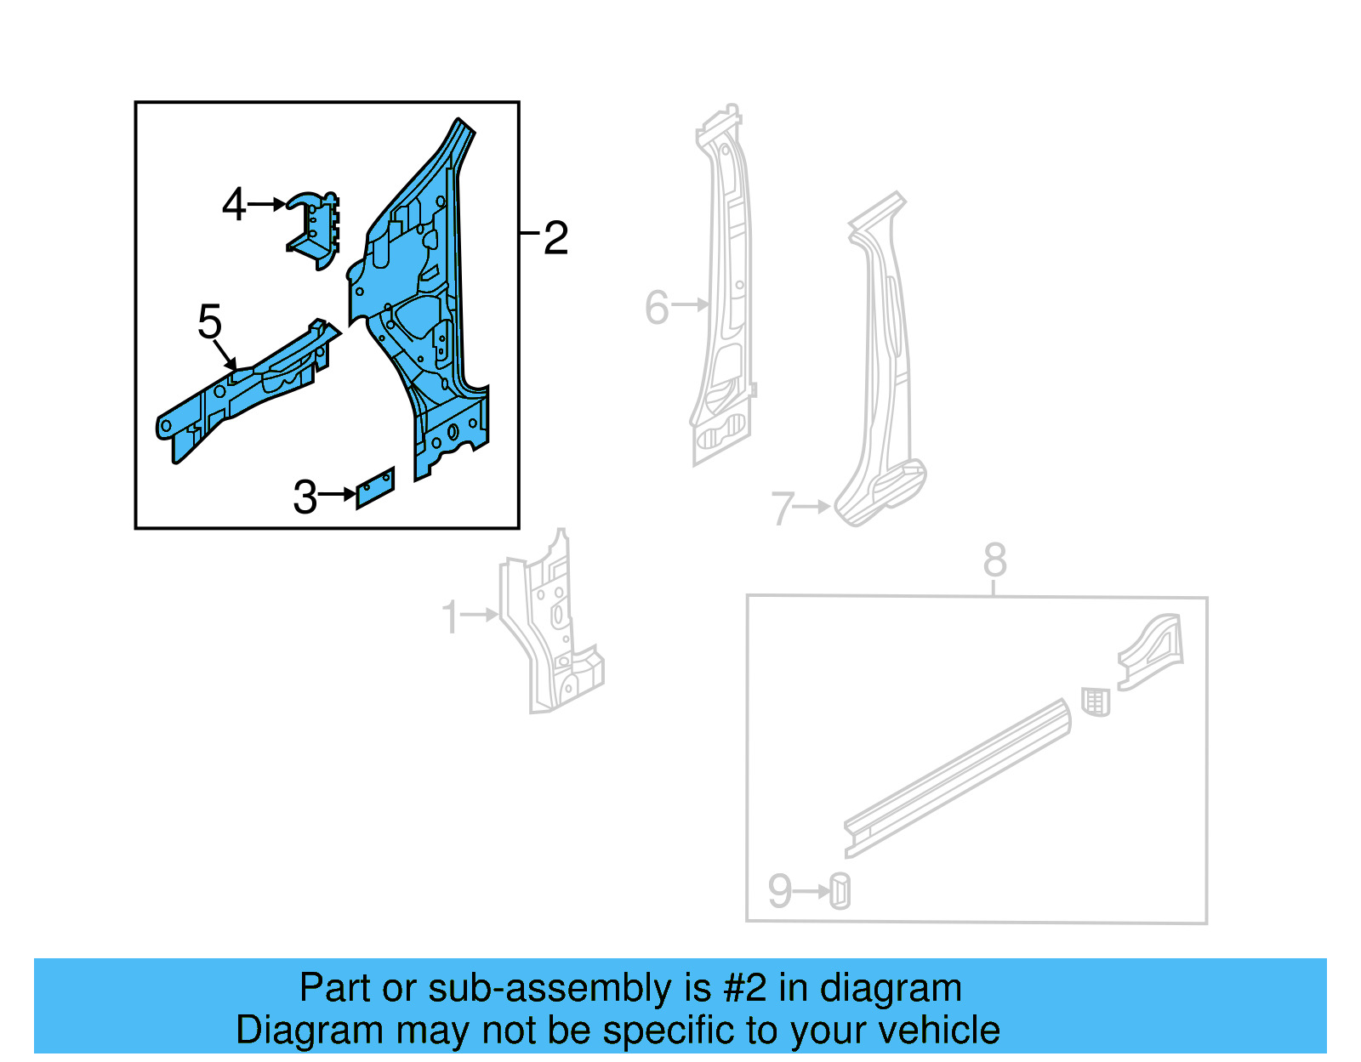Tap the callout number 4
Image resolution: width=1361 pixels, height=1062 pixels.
[233, 205]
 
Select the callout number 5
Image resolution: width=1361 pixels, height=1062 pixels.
[209, 322]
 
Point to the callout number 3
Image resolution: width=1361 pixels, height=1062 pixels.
[305, 497]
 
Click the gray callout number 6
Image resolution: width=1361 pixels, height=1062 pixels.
[657, 307]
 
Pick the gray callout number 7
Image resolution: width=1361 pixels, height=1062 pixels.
[782, 508]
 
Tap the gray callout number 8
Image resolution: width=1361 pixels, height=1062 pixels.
[994, 560]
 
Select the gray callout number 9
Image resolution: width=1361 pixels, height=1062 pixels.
[779, 891]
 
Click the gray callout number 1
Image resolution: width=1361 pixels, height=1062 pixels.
[450, 617]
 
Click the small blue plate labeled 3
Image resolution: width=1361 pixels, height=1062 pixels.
[375, 488]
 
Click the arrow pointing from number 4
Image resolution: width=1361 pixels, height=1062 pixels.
[268, 204]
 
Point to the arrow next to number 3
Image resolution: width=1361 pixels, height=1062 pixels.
[338, 494]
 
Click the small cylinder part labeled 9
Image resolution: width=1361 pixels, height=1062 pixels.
[840, 891]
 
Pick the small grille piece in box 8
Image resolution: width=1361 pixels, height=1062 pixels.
[1096, 702]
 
